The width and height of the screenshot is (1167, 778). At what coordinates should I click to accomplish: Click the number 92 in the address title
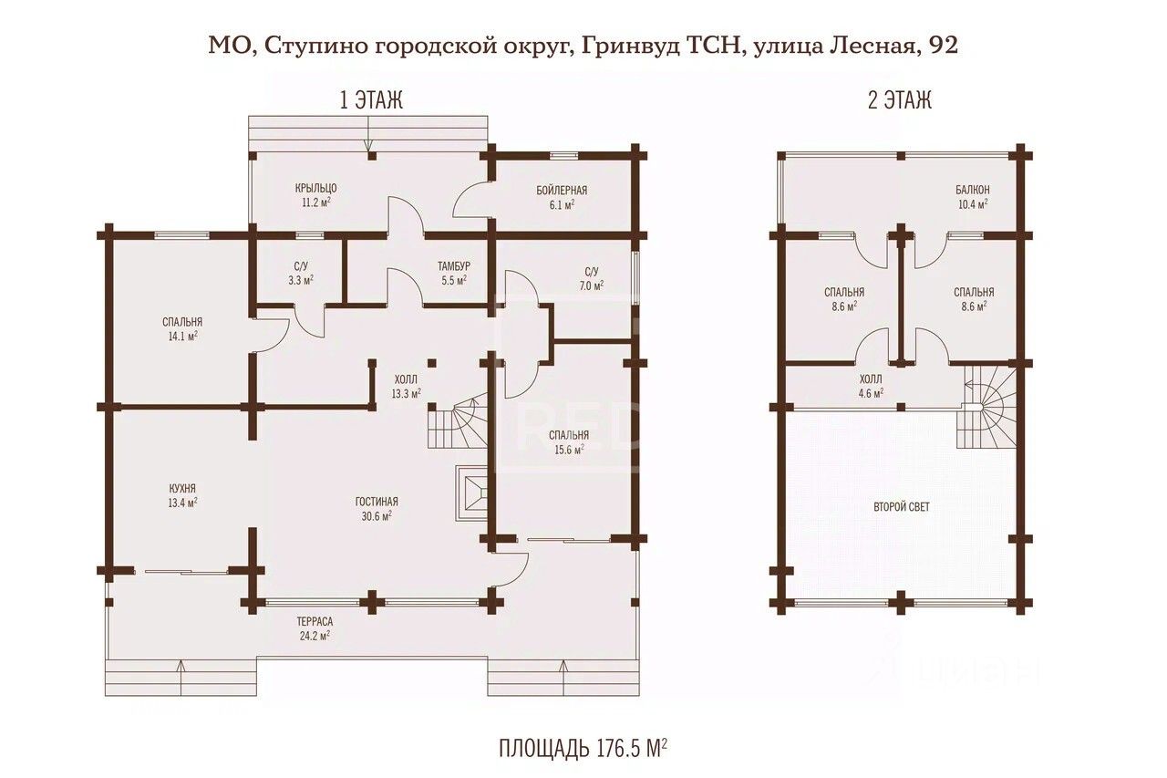pos(942,46)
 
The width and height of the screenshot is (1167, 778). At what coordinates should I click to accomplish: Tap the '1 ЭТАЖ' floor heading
pos(371,100)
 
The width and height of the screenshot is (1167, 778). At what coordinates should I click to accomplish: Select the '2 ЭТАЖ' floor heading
pos(900,100)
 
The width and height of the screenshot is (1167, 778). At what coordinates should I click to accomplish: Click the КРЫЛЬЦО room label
pos(315,188)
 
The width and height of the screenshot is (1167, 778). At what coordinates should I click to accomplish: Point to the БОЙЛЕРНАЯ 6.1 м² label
pos(562,197)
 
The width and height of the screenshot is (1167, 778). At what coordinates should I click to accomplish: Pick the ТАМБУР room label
pos(454,266)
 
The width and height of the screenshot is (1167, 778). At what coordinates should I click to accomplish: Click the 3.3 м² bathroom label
pos(301,280)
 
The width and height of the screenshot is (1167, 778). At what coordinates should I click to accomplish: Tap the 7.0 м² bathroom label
pos(592,285)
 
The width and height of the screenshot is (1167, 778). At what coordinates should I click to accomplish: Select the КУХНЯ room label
pos(182,488)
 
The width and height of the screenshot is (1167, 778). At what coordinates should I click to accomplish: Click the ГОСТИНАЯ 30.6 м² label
pos(377,509)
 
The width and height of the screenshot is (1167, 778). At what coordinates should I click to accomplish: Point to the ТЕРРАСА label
pos(315,622)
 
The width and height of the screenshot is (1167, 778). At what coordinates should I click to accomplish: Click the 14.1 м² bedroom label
pos(182,337)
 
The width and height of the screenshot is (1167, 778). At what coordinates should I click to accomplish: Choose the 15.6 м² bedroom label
pos(569,450)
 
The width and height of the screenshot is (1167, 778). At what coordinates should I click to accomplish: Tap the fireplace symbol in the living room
pos(471,493)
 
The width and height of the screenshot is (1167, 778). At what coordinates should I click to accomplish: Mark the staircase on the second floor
pos(986,406)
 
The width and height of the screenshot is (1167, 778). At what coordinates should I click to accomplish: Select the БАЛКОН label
pos(972,190)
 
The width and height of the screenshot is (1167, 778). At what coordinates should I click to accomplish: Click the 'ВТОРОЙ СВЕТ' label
pos(902,507)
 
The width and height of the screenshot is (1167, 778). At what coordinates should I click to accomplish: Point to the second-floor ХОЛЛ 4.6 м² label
pos(871,386)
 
